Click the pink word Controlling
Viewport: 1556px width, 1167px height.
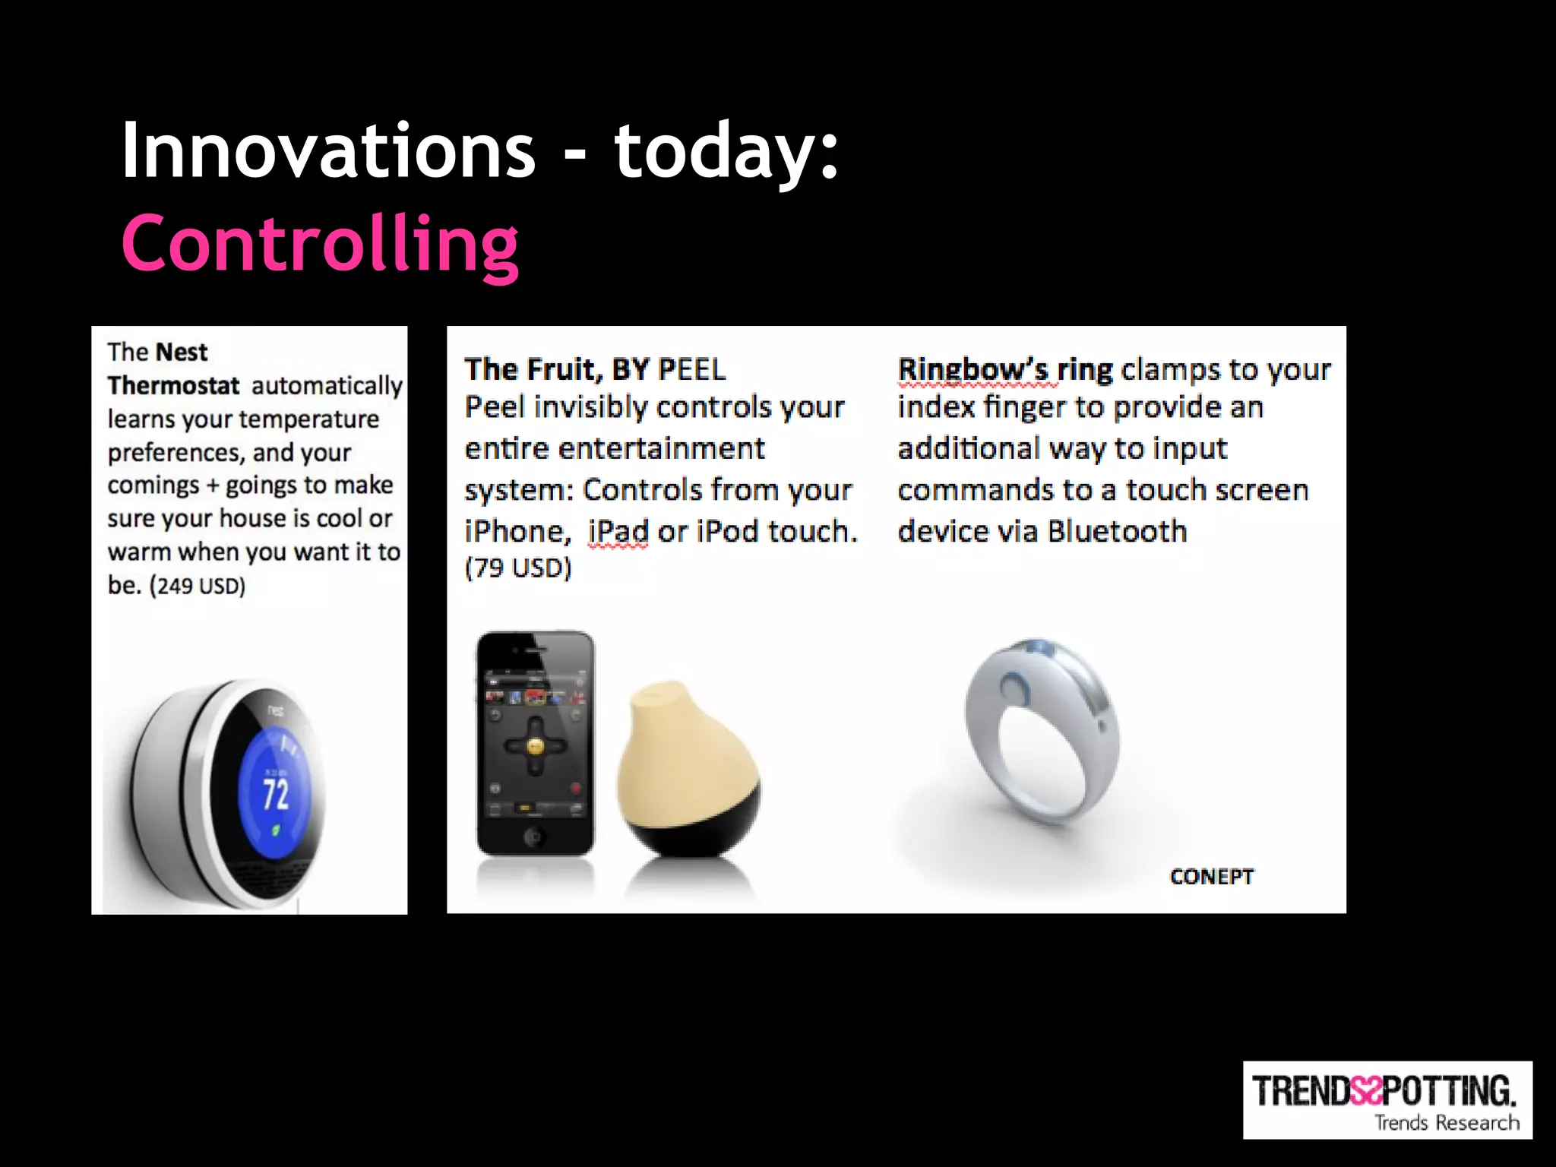tap(320, 245)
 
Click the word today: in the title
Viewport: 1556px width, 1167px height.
tap(726, 152)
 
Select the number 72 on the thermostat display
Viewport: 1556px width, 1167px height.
tap(276, 793)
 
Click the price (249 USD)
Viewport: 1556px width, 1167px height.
tap(198, 587)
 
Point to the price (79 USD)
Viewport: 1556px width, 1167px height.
tap(517, 568)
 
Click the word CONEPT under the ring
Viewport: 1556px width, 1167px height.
tap(1211, 877)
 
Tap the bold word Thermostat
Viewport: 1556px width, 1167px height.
tap(173, 386)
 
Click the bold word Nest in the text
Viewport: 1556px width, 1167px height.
tap(181, 353)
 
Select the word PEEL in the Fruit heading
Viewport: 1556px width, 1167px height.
tap(691, 370)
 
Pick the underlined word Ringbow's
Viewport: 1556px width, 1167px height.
tap(972, 370)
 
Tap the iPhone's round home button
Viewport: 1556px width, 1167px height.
tap(534, 837)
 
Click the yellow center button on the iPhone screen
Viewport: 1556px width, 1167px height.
tap(535, 745)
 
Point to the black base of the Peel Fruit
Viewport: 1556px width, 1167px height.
tap(688, 828)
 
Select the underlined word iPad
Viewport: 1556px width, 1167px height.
tap(618, 531)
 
